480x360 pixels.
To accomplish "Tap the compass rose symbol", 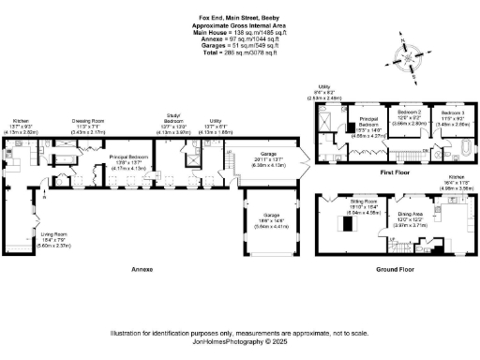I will click(x=408, y=61).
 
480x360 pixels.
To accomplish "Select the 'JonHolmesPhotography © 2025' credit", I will click(x=238, y=342).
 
